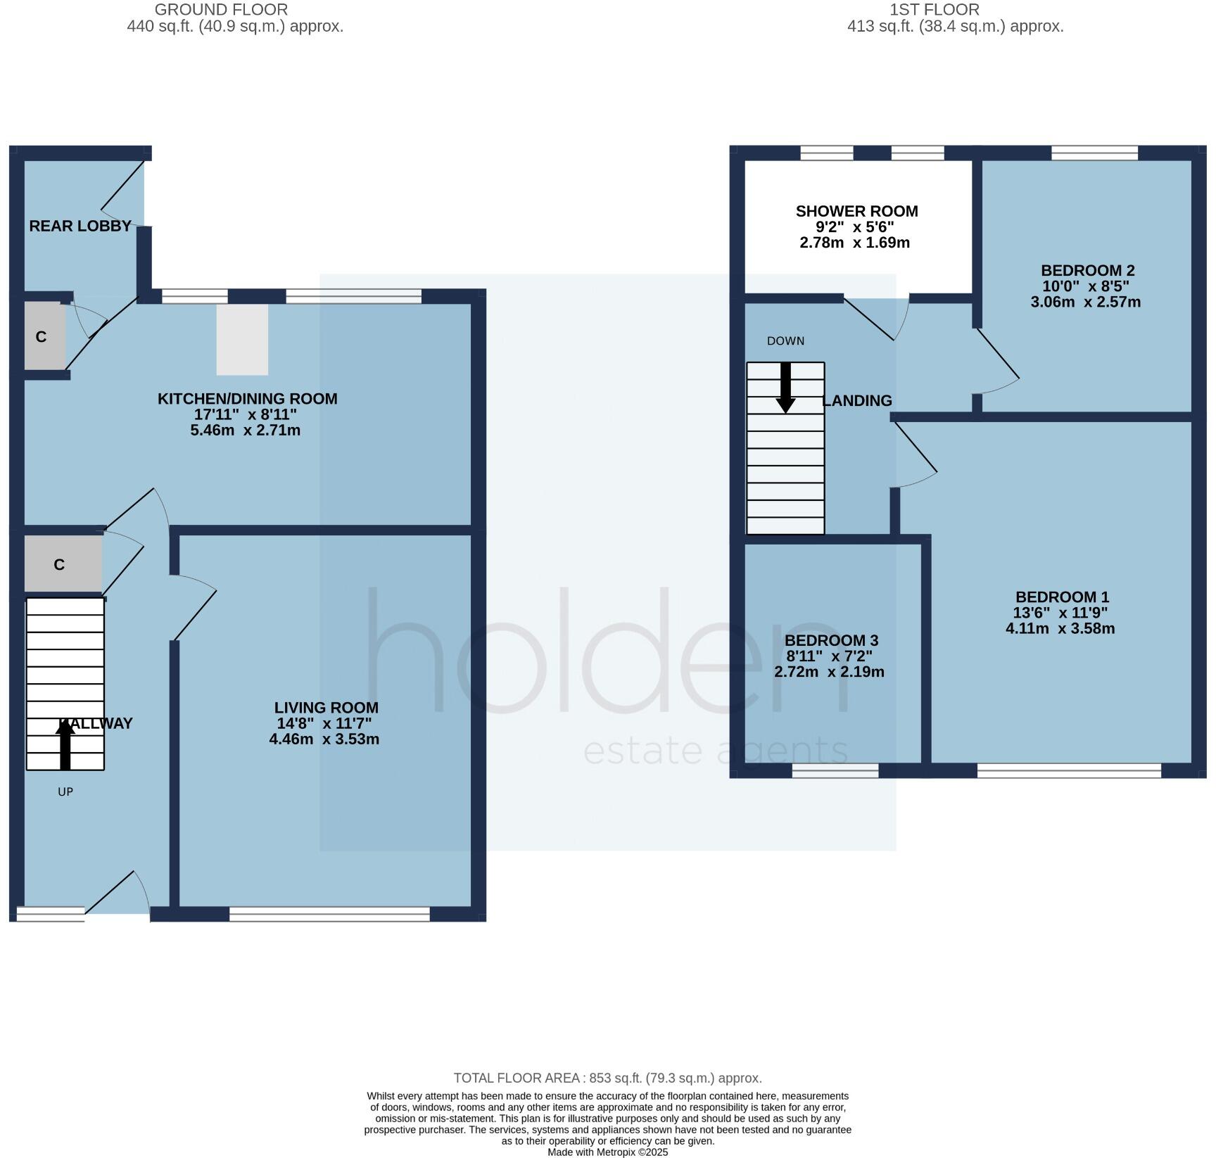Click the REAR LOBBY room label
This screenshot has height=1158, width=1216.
click(80, 226)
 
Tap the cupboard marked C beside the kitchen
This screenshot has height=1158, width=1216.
click(42, 337)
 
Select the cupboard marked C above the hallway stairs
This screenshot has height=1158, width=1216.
click(60, 564)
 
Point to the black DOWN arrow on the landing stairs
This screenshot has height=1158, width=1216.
click(785, 388)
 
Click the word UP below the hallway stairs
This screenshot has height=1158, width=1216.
click(65, 791)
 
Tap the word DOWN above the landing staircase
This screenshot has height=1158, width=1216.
click(785, 341)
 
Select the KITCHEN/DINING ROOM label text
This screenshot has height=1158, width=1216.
click(247, 399)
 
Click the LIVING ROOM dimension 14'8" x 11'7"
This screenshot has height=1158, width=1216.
click(324, 723)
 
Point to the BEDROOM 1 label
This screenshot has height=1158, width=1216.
click(1062, 597)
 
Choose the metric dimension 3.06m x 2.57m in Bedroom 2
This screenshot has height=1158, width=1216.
click(1085, 303)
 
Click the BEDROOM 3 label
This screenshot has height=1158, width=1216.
click(831, 640)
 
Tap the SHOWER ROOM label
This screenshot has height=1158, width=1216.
click(856, 211)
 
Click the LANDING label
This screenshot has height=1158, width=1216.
click(857, 400)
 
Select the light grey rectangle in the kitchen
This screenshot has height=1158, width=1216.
click(242, 339)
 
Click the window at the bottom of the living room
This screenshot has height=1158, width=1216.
click(329, 914)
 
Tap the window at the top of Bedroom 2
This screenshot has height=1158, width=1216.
click(1094, 153)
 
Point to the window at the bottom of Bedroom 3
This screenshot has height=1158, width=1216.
click(835, 771)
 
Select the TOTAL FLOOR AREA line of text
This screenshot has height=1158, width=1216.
click(607, 1078)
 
